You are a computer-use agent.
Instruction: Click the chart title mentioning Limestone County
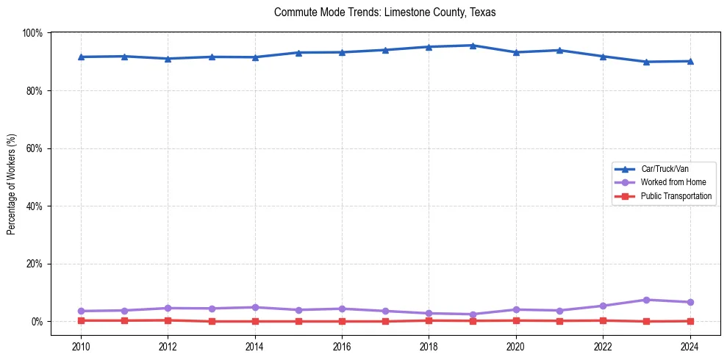(385, 12)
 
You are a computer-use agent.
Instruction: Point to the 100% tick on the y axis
(32, 33)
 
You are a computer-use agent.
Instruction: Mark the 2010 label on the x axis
(81, 346)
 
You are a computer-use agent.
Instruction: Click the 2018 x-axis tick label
(429, 346)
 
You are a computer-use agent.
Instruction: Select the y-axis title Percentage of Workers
(12, 184)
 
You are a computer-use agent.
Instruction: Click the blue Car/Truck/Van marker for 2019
(472, 46)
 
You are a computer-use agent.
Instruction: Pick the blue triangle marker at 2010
(81, 57)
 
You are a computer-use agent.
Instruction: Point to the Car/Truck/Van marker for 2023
(646, 62)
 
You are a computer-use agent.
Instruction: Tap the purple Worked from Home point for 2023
(646, 300)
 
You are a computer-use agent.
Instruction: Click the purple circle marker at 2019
(472, 314)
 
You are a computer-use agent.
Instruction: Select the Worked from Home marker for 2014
(255, 307)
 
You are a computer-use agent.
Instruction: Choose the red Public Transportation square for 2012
(168, 320)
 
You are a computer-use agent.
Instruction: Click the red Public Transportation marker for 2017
(385, 321)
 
